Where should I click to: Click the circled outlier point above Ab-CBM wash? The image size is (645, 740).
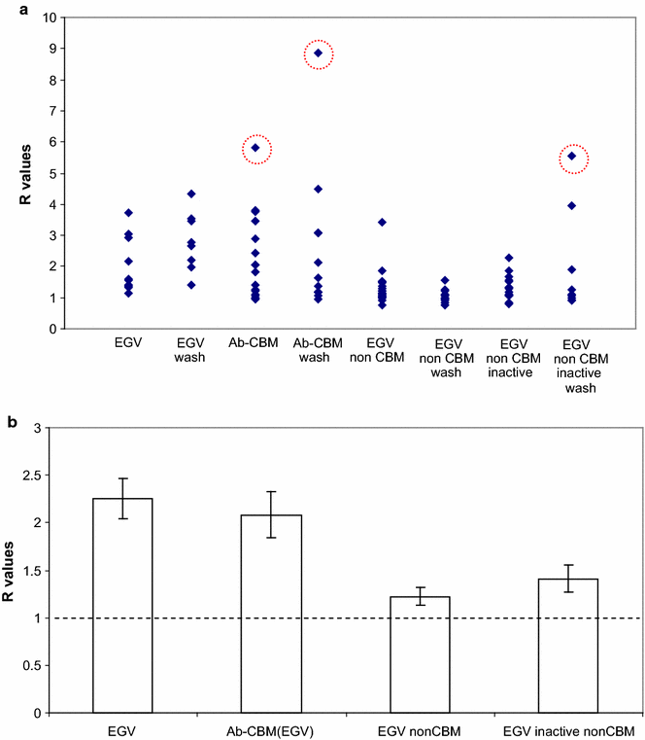coord(318,53)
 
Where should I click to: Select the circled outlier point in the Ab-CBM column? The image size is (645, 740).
coord(255,149)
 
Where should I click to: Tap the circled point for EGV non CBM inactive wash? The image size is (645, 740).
coord(573,156)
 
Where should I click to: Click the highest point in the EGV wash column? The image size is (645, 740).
coord(191,194)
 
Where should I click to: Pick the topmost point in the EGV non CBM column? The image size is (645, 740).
coord(383,223)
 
